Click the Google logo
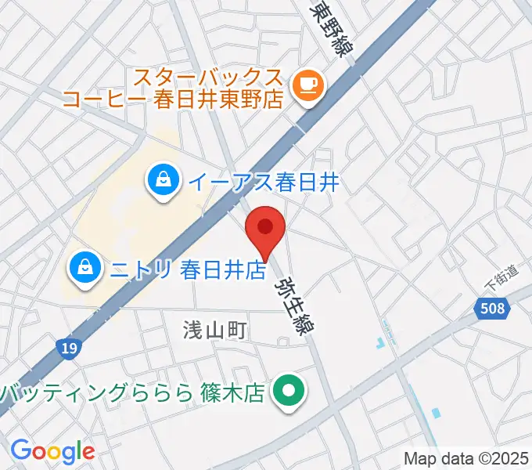click(x=52, y=451)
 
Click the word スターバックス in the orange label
click(x=207, y=78)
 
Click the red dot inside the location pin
click(x=265, y=226)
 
